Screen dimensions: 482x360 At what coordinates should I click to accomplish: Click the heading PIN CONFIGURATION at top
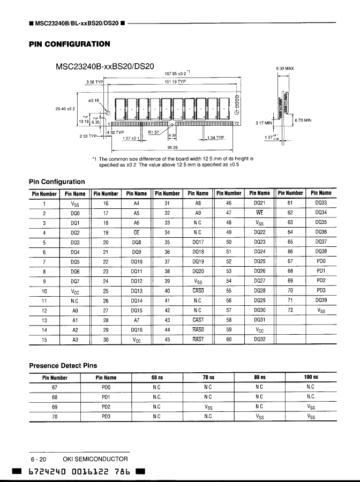pos(70,44)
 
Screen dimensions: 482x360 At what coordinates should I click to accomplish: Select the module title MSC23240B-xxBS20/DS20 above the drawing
pos(105,67)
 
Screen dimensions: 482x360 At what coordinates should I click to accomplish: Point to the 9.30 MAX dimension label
pos(285,69)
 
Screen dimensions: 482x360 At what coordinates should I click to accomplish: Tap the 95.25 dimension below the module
pos(172,147)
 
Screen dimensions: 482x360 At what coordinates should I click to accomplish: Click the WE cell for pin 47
pos(260,213)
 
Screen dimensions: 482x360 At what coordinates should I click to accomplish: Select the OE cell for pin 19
pos(137,232)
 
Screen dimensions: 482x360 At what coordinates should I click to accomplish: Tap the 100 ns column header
pos(311,377)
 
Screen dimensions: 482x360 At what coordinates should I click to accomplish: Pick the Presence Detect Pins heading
pos(63,366)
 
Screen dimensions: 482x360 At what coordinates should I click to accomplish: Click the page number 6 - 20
pos(39,459)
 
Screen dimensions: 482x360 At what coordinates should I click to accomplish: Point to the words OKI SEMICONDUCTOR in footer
pos(95,459)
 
